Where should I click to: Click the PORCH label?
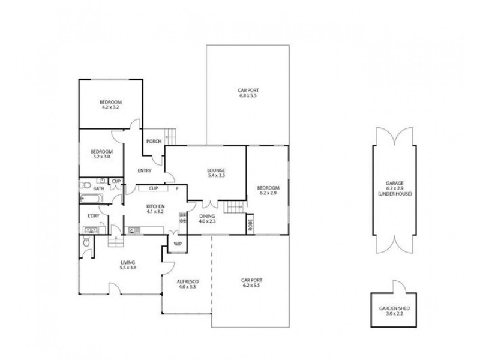(154, 142)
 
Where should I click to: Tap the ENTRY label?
(144, 171)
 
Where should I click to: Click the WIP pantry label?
(178, 244)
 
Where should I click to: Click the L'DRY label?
(93, 215)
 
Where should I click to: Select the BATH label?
(98, 188)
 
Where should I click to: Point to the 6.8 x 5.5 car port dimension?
(248, 96)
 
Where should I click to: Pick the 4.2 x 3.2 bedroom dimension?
(110, 107)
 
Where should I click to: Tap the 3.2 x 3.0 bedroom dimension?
(101, 158)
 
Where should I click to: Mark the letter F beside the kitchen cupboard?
(178, 188)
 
